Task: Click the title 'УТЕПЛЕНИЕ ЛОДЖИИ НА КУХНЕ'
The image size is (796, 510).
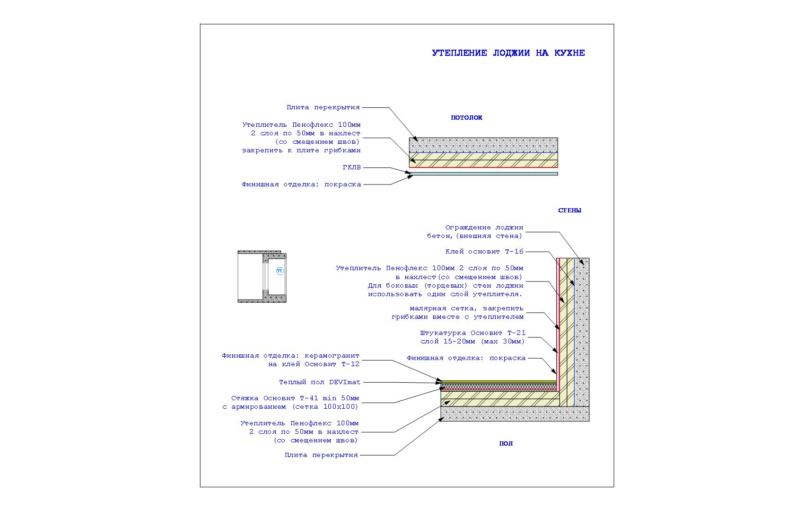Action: [508, 53]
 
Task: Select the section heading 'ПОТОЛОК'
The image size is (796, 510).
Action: [466, 118]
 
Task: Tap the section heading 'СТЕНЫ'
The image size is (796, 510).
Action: [569, 211]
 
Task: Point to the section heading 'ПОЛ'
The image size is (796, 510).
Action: [506, 444]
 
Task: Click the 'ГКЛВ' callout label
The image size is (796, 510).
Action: [351, 167]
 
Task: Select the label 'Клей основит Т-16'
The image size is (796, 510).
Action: [484, 252]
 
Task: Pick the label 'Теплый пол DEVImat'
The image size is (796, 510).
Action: [320, 382]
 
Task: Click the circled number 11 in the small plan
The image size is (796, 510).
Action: [280, 271]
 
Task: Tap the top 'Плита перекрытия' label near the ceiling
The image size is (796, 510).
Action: [323, 107]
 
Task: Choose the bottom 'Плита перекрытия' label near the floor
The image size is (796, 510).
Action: [321, 455]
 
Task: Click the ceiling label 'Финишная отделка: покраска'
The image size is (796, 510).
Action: [301, 185]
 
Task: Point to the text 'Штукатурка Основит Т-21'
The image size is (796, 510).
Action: [473, 333]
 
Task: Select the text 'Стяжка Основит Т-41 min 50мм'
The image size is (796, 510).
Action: [295, 398]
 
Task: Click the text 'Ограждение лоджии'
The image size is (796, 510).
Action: [484, 228]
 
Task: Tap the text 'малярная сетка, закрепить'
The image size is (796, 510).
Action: [466, 308]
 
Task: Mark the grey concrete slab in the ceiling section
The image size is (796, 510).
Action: [483, 145]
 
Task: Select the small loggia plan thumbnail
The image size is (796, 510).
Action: [262, 277]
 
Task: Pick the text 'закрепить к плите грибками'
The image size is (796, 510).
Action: [301, 150]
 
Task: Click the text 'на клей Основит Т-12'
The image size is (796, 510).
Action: [314, 364]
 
